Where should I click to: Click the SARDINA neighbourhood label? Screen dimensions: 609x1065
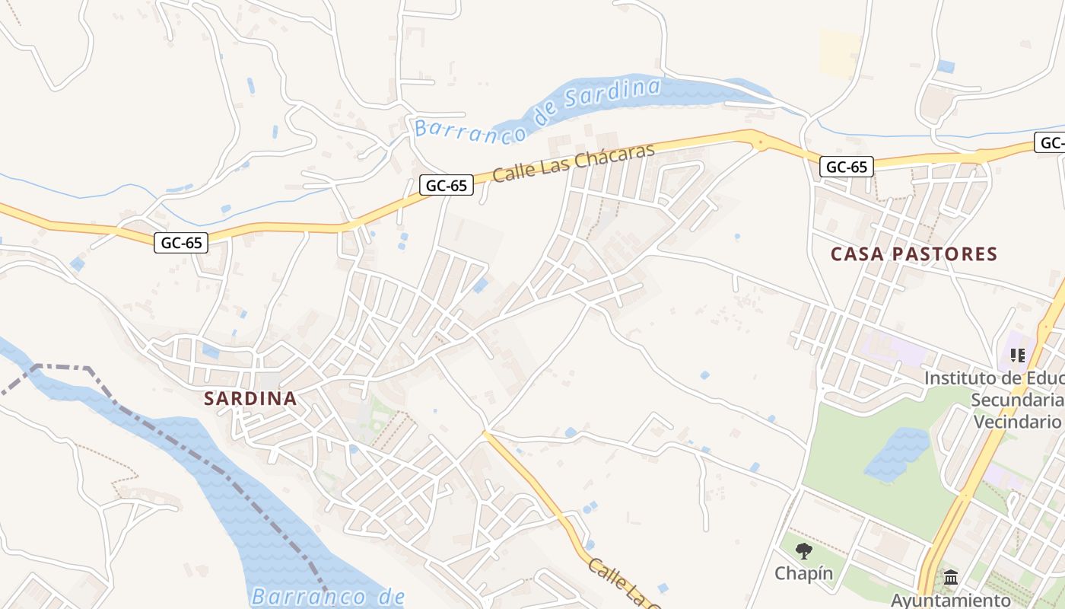(x=250, y=398)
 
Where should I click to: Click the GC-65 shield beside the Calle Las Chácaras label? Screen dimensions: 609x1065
(x=447, y=185)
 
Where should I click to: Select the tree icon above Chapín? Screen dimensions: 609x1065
(x=804, y=551)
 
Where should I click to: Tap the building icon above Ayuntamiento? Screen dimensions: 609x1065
(x=950, y=578)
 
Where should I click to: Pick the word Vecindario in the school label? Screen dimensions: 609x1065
(x=1017, y=422)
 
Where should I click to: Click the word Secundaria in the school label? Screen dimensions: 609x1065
(x=1018, y=400)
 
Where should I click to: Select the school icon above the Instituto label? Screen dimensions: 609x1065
(x=1018, y=355)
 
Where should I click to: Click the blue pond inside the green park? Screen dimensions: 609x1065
(x=898, y=454)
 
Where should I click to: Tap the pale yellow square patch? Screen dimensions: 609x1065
(x=840, y=53)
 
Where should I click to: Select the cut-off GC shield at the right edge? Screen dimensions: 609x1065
(x=1051, y=142)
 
